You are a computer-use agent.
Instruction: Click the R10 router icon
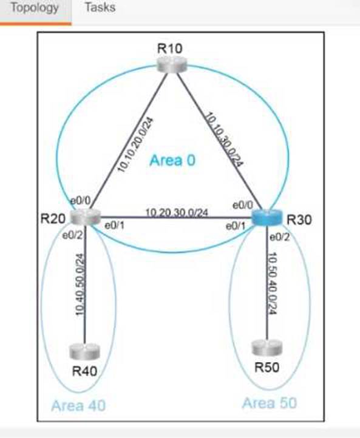point(171,64)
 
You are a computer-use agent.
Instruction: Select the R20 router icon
point(85,217)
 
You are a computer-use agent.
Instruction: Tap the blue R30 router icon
point(267,218)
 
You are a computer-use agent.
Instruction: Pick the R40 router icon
point(84,351)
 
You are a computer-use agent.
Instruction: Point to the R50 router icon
point(267,348)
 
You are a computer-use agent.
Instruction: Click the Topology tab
point(35,8)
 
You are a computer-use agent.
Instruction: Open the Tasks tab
point(100,7)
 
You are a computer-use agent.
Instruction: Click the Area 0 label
point(172,160)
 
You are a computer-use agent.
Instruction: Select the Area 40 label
point(78,406)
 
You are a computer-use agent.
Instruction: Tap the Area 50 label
point(270,403)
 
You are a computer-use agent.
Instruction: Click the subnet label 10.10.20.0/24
point(135,145)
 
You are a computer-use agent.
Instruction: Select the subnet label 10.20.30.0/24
point(177,213)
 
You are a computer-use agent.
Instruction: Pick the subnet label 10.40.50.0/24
point(80,285)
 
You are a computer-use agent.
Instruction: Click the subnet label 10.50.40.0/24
point(272,283)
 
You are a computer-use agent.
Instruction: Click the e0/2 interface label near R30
point(279,237)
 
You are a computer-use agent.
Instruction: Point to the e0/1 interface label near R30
point(236,226)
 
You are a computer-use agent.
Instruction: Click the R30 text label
point(299,220)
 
